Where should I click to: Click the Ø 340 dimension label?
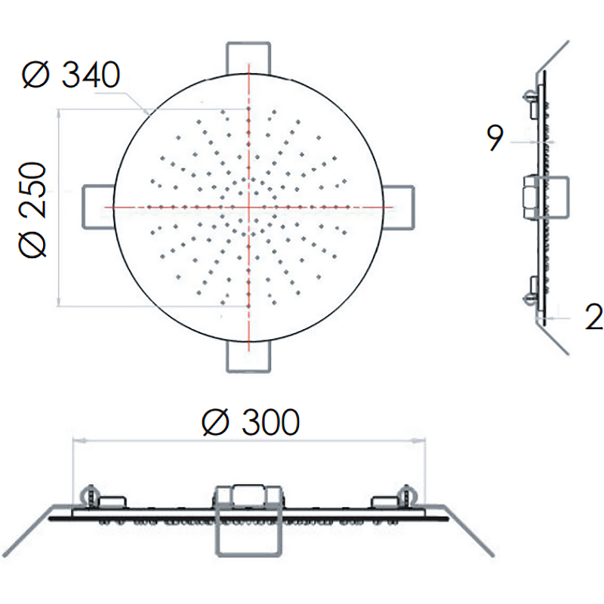pos(71,74)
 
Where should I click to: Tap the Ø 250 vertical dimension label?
pos(32,210)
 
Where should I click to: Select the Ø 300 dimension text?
pos(251,422)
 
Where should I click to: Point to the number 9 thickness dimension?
pos(495,138)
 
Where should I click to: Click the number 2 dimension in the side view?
pos(593,316)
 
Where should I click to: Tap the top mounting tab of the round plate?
pos(248,58)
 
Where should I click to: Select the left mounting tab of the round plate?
pos(99,207)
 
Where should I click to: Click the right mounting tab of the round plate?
pos(399,207)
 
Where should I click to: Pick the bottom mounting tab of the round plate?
pos(248,356)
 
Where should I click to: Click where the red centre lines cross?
pos(249,207)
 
